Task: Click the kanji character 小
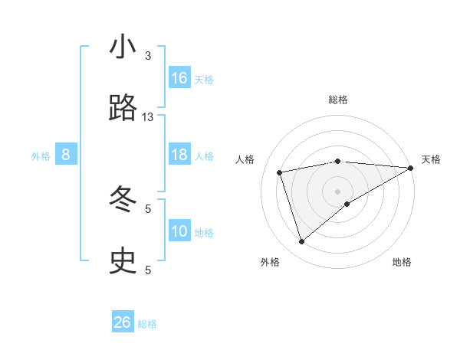(123, 47)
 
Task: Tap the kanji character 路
(123, 109)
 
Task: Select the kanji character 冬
(123, 201)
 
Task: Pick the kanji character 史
(123, 262)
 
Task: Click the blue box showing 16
(179, 78)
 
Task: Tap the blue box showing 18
(179, 155)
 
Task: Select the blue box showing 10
(179, 232)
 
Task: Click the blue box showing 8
(66, 155)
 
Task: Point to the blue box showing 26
(123, 322)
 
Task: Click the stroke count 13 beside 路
(148, 117)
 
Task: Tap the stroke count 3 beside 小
(148, 56)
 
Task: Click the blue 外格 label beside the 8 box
(41, 156)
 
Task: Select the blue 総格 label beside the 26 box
(147, 324)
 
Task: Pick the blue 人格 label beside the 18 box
(204, 156)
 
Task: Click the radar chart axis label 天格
(431, 159)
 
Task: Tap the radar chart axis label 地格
(402, 262)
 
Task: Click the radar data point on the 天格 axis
(411, 168)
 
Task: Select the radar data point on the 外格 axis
(301, 242)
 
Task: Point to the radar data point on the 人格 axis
(280, 172)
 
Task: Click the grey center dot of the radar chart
(337, 191)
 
